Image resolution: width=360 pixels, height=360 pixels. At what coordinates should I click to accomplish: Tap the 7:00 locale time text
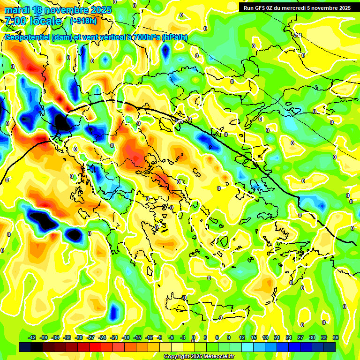33,21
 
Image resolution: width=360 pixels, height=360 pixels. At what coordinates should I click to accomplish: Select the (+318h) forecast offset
83,21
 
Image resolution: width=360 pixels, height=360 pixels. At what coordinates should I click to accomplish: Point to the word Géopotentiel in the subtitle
27,37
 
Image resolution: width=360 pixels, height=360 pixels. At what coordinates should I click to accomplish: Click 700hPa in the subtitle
145,37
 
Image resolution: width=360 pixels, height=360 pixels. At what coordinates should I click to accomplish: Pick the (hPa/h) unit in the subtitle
174,37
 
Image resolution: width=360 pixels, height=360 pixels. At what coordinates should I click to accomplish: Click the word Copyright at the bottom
176,357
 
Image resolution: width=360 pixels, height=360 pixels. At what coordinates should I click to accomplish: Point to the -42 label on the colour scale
32,337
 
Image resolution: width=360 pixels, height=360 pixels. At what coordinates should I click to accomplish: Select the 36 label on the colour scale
336,337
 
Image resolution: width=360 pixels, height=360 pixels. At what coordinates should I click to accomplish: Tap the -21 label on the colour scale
114,337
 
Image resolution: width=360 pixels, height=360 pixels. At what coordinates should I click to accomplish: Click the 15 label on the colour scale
254,337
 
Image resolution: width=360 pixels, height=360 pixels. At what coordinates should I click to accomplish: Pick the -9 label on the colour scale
159,337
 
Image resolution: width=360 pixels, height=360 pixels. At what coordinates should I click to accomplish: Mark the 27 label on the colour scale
300,337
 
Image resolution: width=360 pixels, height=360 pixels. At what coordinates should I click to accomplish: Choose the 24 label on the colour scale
289,337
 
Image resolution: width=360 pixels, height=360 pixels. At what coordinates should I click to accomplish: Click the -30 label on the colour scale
79,337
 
